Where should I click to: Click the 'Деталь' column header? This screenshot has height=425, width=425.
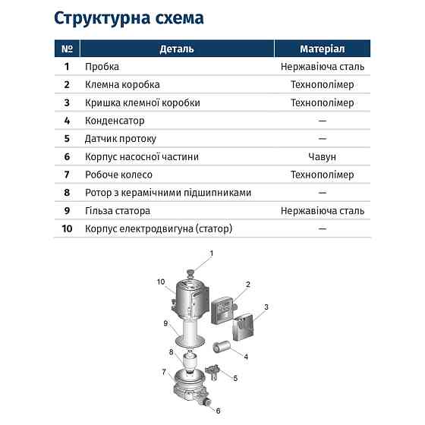tap(176, 49)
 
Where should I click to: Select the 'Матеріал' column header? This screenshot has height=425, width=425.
tap(322, 49)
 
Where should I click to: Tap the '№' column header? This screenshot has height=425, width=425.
tap(67, 49)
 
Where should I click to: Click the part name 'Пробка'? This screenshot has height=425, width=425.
tap(101, 67)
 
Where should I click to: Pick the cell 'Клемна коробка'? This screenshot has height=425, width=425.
tap(122, 85)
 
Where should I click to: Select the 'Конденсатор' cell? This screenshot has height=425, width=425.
tap(115, 121)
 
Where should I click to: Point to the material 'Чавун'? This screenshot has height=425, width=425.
tap(322, 157)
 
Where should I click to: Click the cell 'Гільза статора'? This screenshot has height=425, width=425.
tap(118, 211)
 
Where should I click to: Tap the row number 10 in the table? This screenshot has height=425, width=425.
tap(67, 228)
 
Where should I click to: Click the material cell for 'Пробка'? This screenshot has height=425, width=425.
tap(322, 67)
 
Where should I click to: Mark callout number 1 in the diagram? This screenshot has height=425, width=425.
tap(212, 253)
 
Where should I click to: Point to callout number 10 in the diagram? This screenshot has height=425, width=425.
tap(160, 282)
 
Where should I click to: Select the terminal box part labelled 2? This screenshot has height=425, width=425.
tap(225, 308)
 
